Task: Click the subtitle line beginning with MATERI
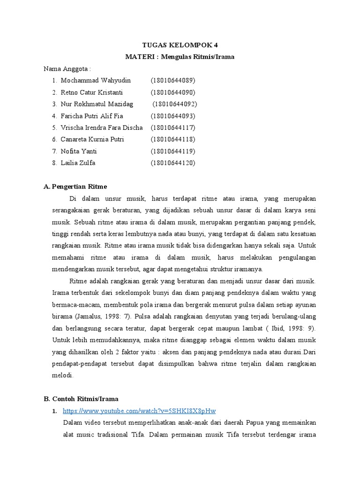pyautogui.click(x=180, y=57)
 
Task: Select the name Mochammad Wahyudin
pyautogui.click(x=96, y=80)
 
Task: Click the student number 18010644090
pyautogui.click(x=173, y=92)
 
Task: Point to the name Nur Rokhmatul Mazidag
pyautogui.click(x=97, y=104)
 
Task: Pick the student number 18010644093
pyautogui.click(x=173, y=116)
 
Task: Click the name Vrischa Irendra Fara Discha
pyautogui.click(x=102, y=127)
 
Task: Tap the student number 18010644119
pyautogui.click(x=173, y=151)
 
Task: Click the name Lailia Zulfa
pyautogui.click(x=78, y=163)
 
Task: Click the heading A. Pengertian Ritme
pyautogui.click(x=75, y=187)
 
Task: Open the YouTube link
pyautogui.click(x=139, y=411)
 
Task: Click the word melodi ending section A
pyautogui.click(x=63, y=375)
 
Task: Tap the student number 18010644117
pyautogui.click(x=173, y=127)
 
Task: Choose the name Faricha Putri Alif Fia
pyautogui.click(x=92, y=116)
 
